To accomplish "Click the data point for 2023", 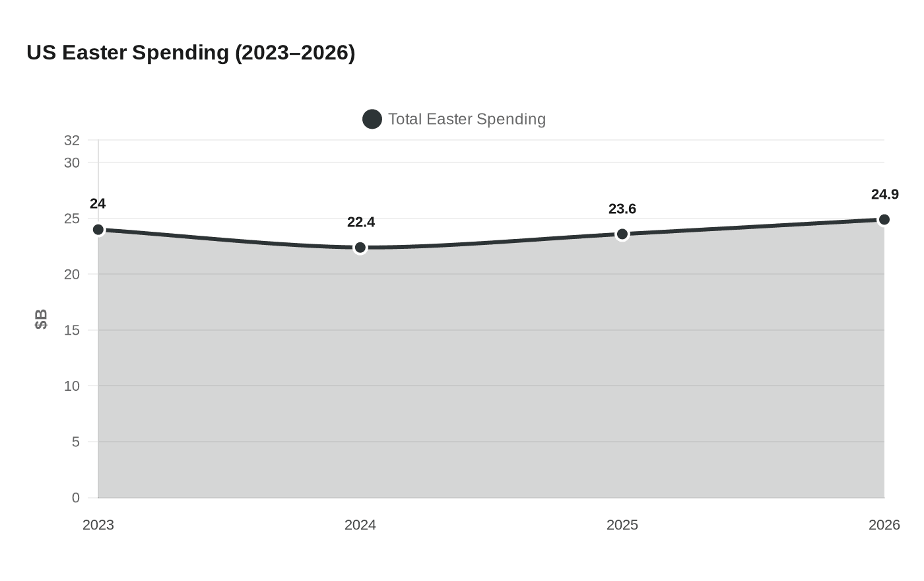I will coord(98,230).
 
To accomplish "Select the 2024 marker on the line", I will coord(360,248).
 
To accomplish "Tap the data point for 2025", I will coord(622,234).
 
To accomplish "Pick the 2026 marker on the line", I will coord(884,220).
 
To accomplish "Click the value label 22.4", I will coord(361,222).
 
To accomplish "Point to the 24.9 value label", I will coord(884,195).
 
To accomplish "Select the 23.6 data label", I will coord(622,209).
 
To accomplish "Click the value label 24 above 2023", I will coord(98,204).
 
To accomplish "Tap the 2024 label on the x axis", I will coord(360,525).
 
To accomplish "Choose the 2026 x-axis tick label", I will coord(884,525).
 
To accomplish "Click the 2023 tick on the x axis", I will coord(98,525).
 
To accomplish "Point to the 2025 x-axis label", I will coord(622,525).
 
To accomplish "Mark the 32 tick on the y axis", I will coord(72,140).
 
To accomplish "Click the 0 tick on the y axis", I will coord(76,498).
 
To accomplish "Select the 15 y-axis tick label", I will coord(72,330).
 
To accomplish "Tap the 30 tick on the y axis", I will coord(72,162).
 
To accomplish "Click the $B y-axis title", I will coord(41,319).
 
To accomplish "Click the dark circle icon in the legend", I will coord(372,120).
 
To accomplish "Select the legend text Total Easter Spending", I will coord(467,120).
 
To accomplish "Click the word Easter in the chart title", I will coord(94,53).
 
